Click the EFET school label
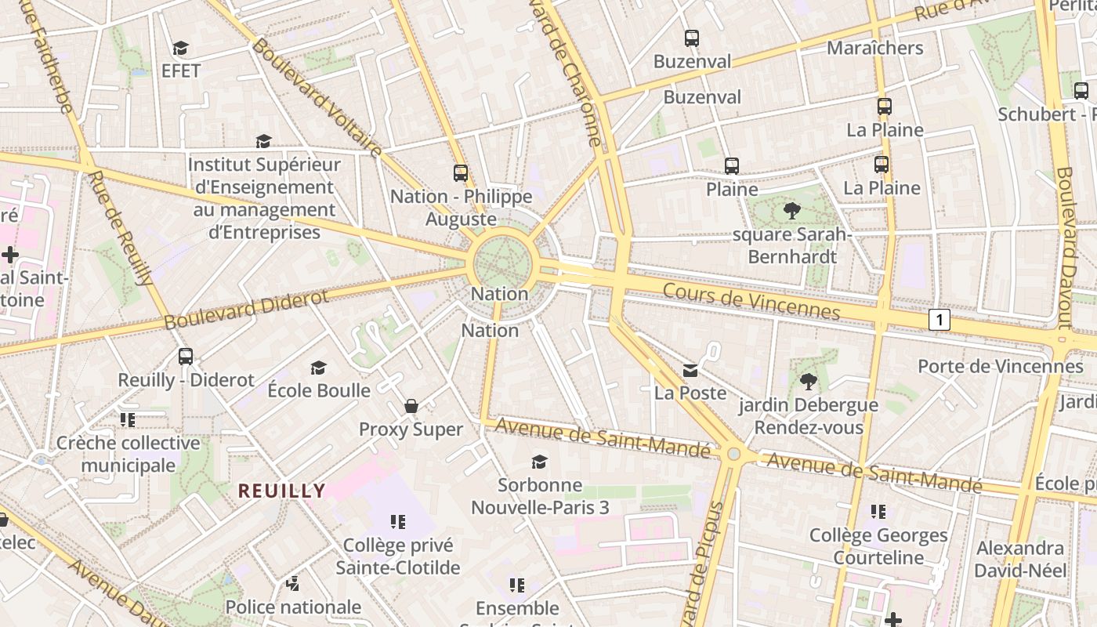coord(181,71)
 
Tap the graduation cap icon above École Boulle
coord(318,368)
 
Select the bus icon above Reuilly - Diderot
coord(186,356)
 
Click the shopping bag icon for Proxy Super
coord(411,406)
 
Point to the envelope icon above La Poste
coord(690,370)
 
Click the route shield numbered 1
coord(940,319)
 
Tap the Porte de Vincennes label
coord(1000,366)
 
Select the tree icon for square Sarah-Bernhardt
coord(791,210)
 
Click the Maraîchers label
coord(874,48)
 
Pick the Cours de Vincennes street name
coord(751,302)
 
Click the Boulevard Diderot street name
coord(246,310)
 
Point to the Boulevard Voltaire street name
coord(317,98)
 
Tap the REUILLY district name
coord(281,491)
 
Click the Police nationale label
coord(293,607)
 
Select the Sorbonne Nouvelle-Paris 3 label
coord(540,496)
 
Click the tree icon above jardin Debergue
coord(808,382)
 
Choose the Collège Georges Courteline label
coord(878,546)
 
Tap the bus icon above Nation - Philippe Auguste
coord(461,172)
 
